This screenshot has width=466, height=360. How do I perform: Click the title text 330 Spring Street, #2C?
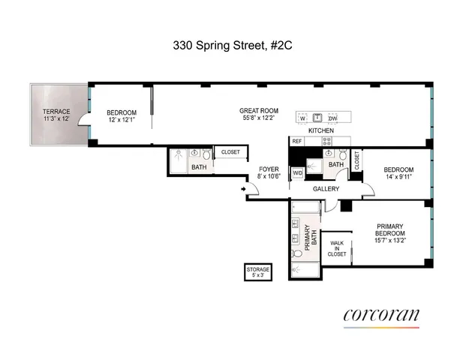[x=232, y=45]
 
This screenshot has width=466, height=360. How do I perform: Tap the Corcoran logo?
[x=381, y=316]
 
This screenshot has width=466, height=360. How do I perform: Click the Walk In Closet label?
[x=338, y=248]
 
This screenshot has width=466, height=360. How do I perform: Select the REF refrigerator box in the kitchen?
[x=297, y=141]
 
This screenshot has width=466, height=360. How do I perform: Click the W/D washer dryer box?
[x=297, y=173]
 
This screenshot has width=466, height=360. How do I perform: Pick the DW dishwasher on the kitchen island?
[x=332, y=118]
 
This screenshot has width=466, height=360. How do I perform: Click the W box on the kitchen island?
[x=302, y=118]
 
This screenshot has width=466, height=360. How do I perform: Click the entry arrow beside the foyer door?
[x=243, y=189]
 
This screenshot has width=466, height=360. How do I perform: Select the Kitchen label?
[x=321, y=130]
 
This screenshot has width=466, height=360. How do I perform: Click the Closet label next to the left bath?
[x=230, y=152]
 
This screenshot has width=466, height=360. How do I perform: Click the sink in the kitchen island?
[x=317, y=118]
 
